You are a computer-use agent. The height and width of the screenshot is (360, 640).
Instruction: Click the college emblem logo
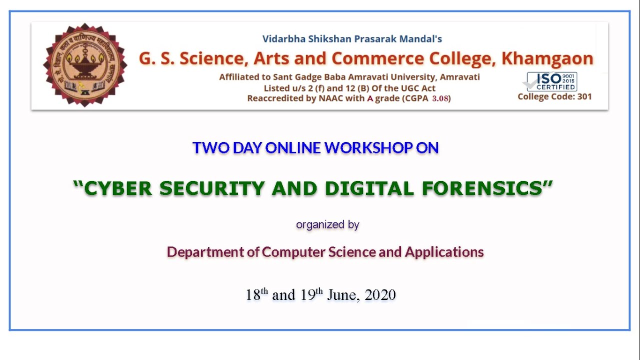[85, 65]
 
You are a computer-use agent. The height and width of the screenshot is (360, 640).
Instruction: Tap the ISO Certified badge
[552, 81]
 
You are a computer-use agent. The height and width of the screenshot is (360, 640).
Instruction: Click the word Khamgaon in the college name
[547, 58]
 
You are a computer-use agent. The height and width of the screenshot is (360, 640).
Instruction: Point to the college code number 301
[584, 96]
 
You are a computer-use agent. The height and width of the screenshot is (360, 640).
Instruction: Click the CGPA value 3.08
[441, 98]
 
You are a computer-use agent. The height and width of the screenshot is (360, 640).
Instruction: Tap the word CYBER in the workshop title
[118, 188]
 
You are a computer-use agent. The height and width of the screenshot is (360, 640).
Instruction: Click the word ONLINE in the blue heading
[293, 148]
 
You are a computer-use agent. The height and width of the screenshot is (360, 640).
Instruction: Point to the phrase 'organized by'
[327, 225]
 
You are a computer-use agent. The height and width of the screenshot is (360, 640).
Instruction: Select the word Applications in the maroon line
[444, 252]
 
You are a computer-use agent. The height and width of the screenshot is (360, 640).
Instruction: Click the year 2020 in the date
[380, 295]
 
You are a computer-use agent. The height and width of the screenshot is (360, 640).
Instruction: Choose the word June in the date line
[342, 295]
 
